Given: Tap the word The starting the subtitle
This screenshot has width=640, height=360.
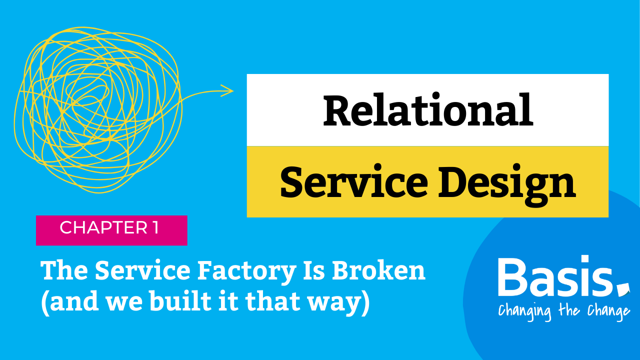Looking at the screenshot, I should tap(64, 270).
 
